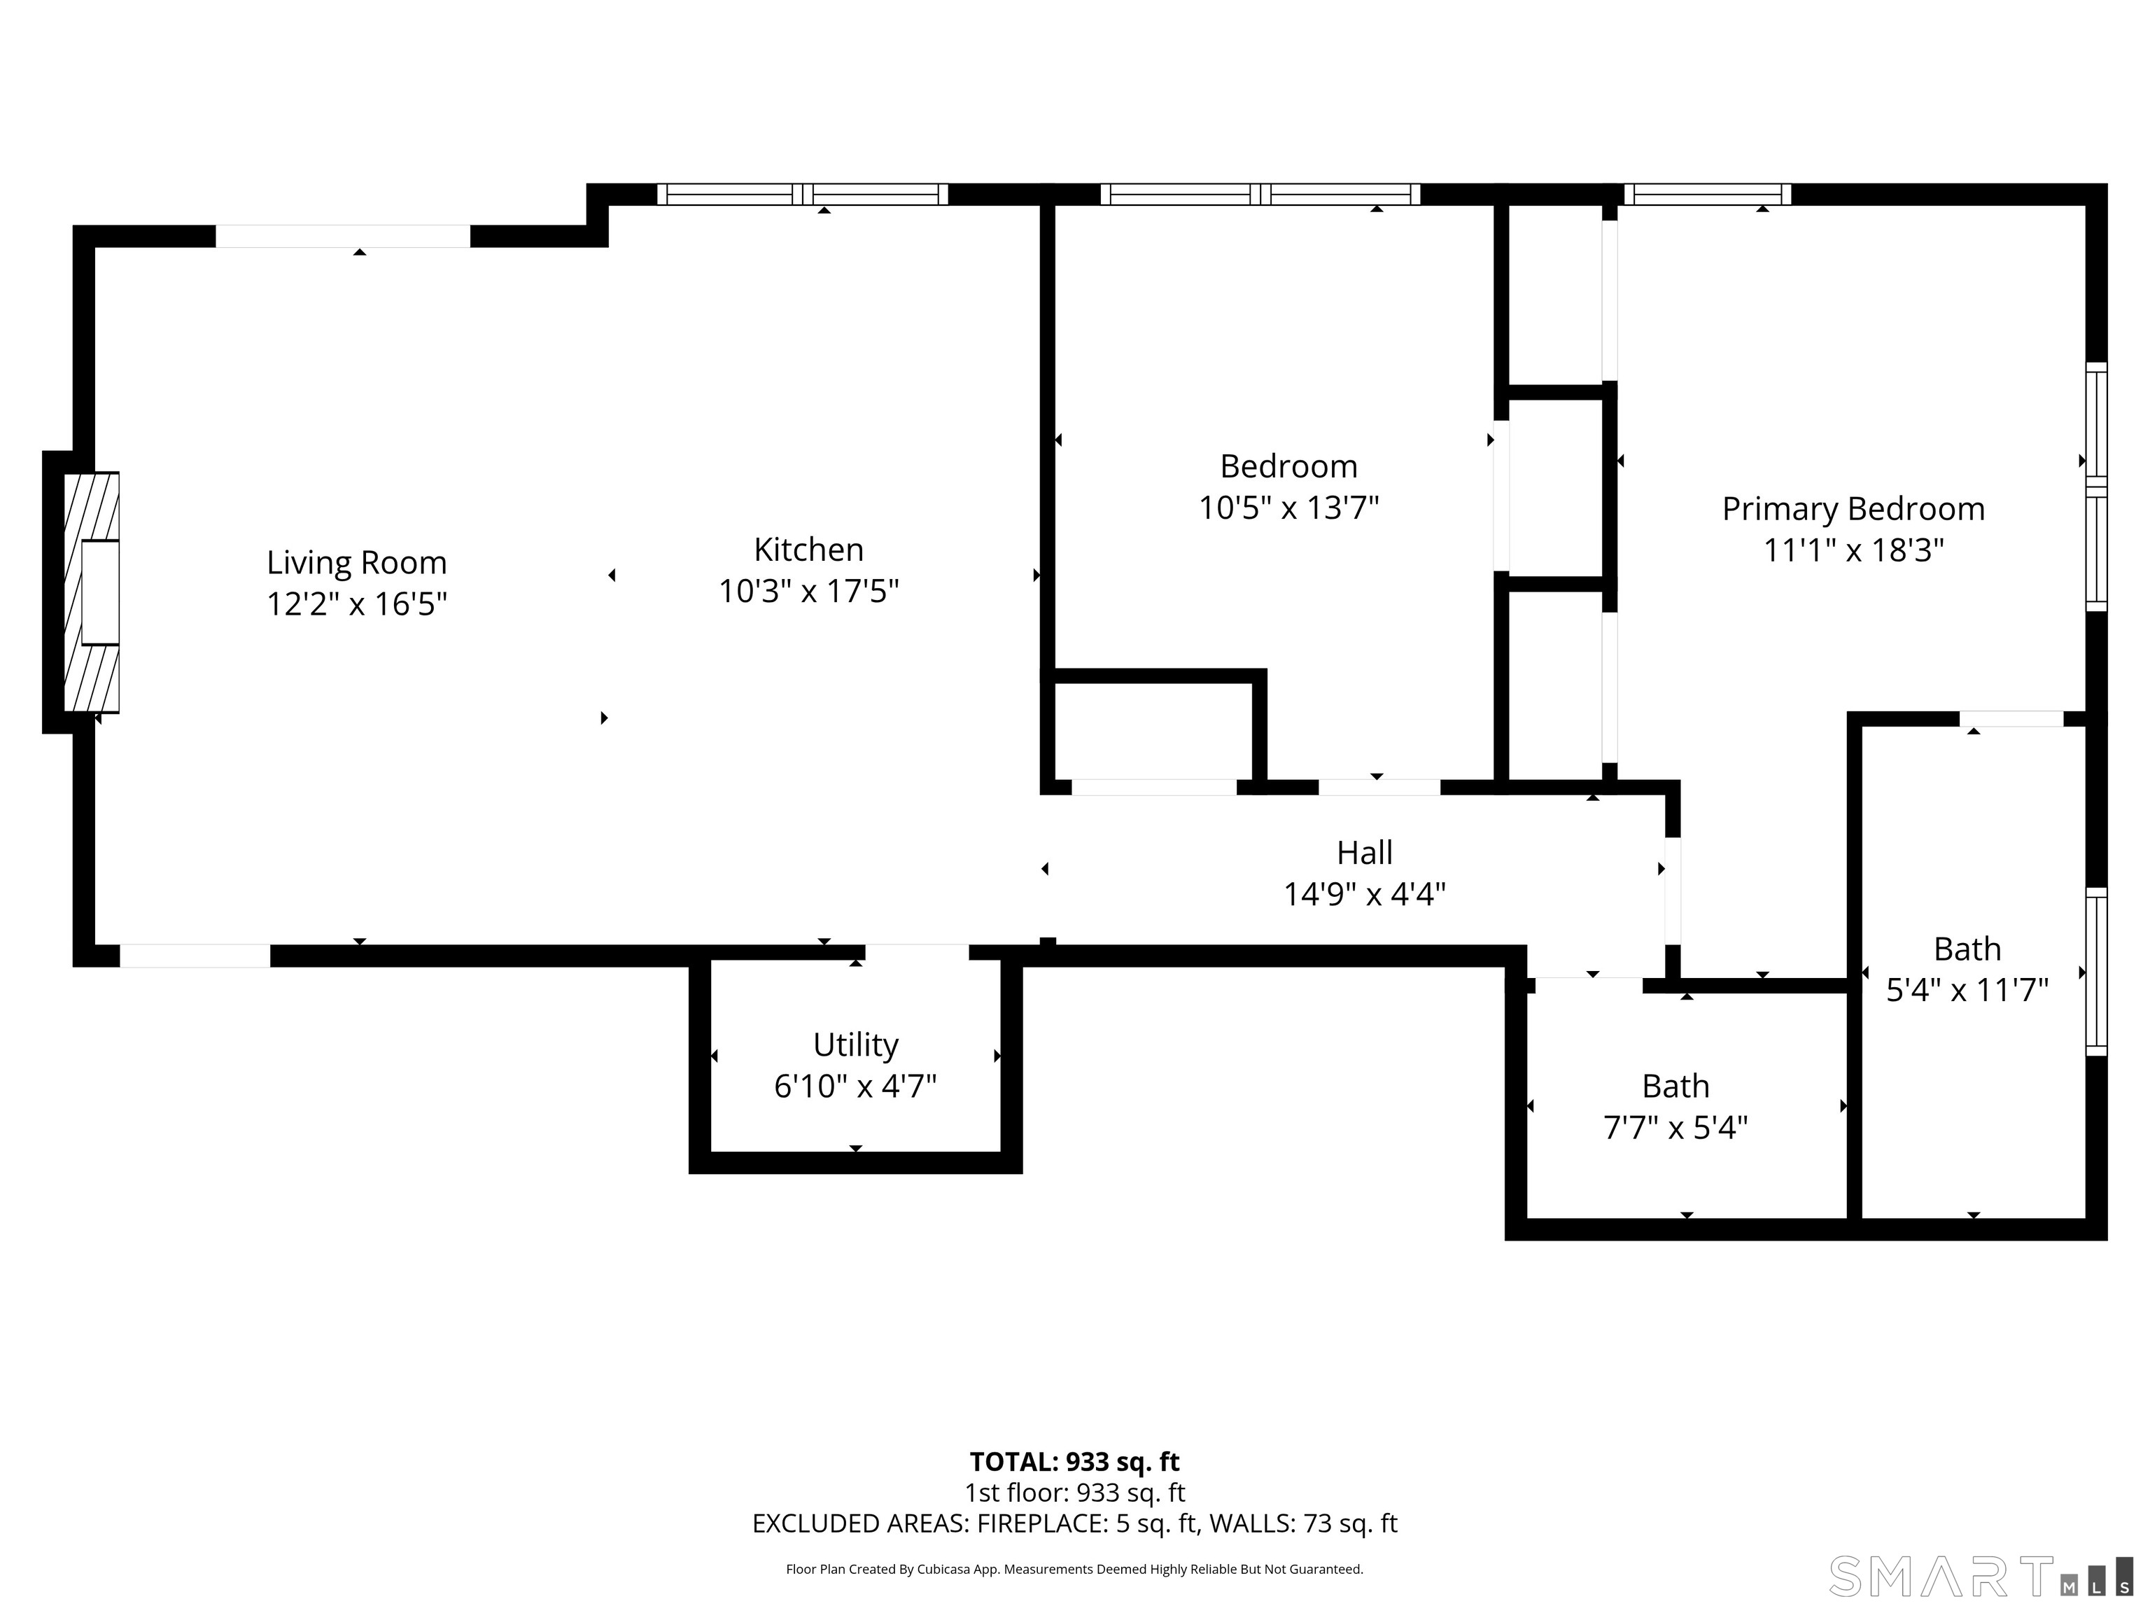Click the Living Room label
(x=357, y=562)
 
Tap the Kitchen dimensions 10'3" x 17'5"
(x=808, y=591)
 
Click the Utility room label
(x=855, y=1045)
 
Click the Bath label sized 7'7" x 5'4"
(x=1675, y=1086)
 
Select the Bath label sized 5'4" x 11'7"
(x=1967, y=949)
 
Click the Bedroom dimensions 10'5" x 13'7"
(x=1289, y=508)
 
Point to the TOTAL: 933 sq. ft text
(x=1074, y=1461)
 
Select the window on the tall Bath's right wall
(x=2097, y=971)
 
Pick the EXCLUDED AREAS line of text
(x=1074, y=1523)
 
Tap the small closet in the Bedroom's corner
(x=1153, y=731)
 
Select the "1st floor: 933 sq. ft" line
(x=1074, y=1493)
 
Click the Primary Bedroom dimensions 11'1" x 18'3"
(x=1853, y=551)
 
